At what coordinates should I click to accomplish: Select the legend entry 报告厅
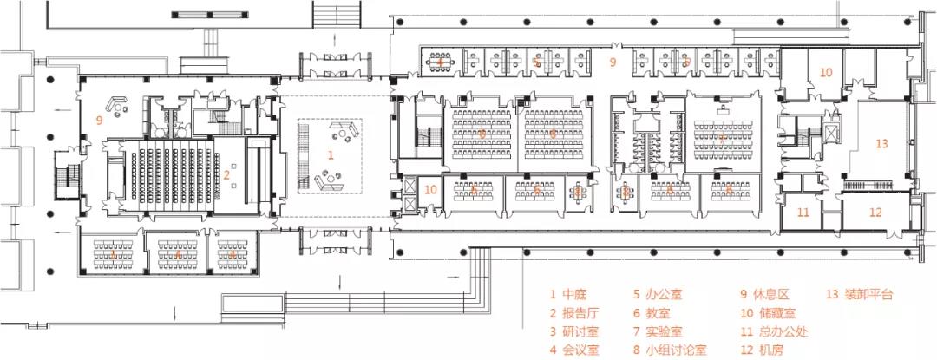pyautogui.click(x=573, y=312)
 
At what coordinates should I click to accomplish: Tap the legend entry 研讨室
pyautogui.click(x=573, y=331)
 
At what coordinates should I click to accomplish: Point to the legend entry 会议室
pyautogui.click(x=573, y=350)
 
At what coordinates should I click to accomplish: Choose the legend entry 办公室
pyautogui.click(x=656, y=293)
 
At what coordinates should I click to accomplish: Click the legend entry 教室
pyautogui.click(x=652, y=312)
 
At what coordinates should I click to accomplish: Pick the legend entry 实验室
pyautogui.click(x=656, y=331)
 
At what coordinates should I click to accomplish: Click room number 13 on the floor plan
pyautogui.click(x=881, y=144)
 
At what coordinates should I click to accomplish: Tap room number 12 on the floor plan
pyautogui.click(x=875, y=212)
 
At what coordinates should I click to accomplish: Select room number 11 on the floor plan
pyautogui.click(x=803, y=212)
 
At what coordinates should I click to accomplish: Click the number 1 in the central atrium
pyautogui.click(x=330, y=154)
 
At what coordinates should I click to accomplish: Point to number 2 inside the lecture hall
pyautogui.click(x=226, y=175)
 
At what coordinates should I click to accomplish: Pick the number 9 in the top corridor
pyautogui.click(x=612, y=62)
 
